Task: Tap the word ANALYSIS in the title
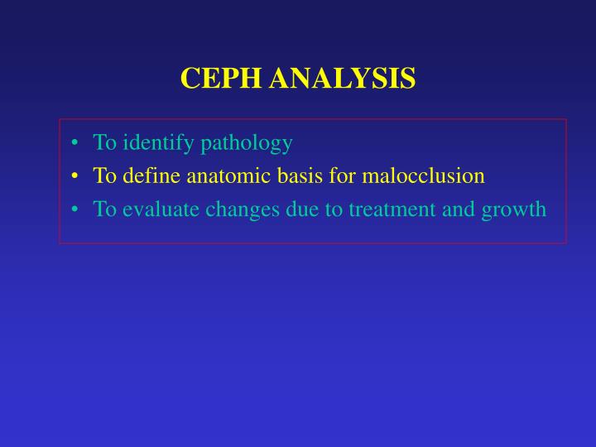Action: tap(342, 79)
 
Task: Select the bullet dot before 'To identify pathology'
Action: tap(75, 143)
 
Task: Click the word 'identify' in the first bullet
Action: tap(155, 143)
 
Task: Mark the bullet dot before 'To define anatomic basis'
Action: tap(75, 176)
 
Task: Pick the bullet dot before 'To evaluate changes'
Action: tap(75, 209)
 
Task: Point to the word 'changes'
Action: tap(234, 210)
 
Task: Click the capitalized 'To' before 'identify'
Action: tap(104, 143)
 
